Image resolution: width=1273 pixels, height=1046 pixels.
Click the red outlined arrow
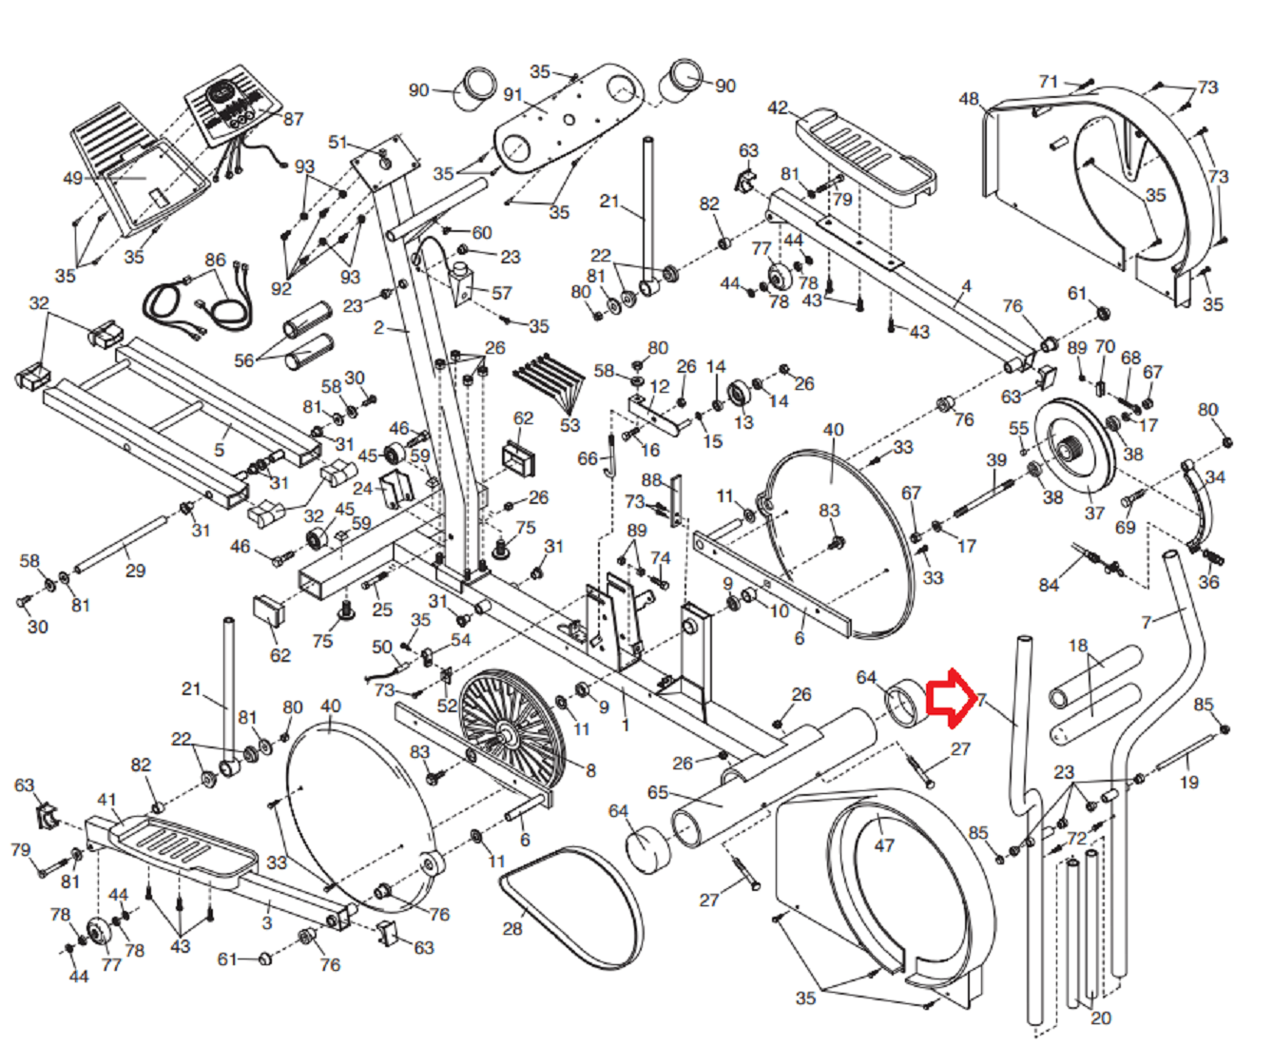pyautogui.click(x=947, y=697)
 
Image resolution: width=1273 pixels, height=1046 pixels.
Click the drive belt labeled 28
pyautogui.click(x=570, y=903)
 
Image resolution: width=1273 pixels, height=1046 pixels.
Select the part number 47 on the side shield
pyautogui.click(x=884, y=845)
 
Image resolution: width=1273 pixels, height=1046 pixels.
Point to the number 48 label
pyautogui.click(x=968, y=99)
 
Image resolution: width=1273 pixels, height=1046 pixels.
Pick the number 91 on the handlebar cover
pyautogui.click(x=513, y=95)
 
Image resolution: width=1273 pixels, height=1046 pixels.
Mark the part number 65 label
pyautogui.click(x=658, y=792)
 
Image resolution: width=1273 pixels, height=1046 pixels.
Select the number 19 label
pyautogui.click(x=1188, y=783)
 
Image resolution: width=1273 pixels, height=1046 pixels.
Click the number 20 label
pyautogui.click(x=1100, y=1018)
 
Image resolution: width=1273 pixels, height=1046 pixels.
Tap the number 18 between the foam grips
pyautogui.click(x=1077, y=647)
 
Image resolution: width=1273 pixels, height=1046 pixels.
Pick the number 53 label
pyautogui.click(x=569, y=424)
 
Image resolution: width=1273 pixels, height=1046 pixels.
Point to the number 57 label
pyautogui.click(x=501, y=293)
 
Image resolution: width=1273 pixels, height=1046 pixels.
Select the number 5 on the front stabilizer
pyautogui.click(x=220, y=450)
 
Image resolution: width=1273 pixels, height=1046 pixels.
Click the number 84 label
pyautogui.click(x=1049, y=585)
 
